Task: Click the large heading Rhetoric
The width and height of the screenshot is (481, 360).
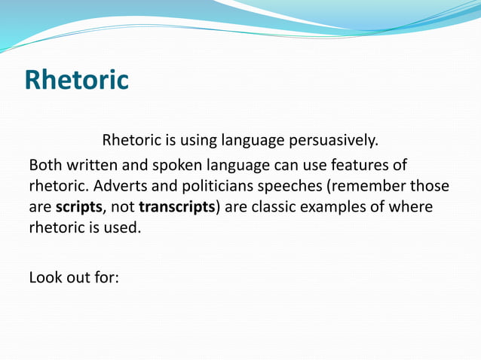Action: point(76,80)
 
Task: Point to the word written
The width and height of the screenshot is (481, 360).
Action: point(93,165)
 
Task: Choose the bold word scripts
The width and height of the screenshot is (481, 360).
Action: point(79,206)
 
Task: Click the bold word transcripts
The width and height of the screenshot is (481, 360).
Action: point(177,206)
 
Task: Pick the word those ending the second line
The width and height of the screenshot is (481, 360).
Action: point(430,186)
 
